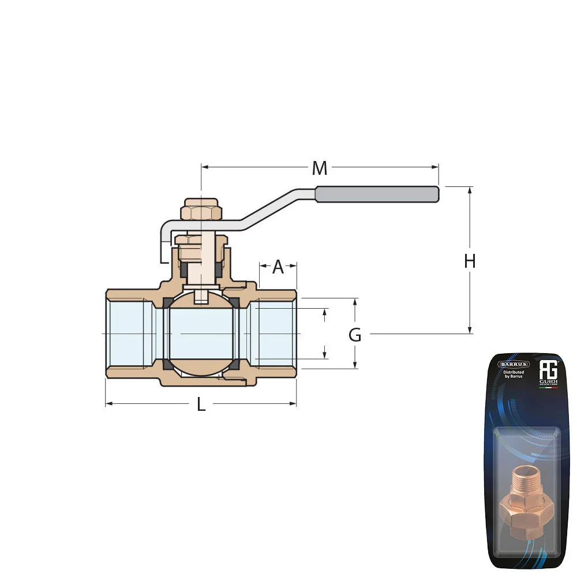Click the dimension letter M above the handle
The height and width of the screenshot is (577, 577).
tap(319, 168)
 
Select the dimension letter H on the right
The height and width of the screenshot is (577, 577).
tap(470, 261)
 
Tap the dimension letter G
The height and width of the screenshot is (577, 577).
tap(355, 335)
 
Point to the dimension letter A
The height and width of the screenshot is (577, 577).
tap(278, 267)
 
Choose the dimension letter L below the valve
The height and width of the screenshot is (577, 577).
tap(201, 404)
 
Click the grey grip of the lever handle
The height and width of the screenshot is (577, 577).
tap(377, 194)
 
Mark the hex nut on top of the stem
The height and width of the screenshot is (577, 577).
tap(201, 212)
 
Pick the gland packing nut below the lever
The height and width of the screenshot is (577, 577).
tap(201, 239)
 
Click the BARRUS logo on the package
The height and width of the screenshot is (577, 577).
tap(514, 364)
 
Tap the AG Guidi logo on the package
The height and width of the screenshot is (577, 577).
tap(548, 372)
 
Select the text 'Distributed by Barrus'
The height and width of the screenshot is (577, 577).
tap(513, 375)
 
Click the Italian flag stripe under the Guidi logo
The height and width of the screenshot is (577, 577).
tap(548, 388)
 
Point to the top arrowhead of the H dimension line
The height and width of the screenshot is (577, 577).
tap(470, 190)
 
